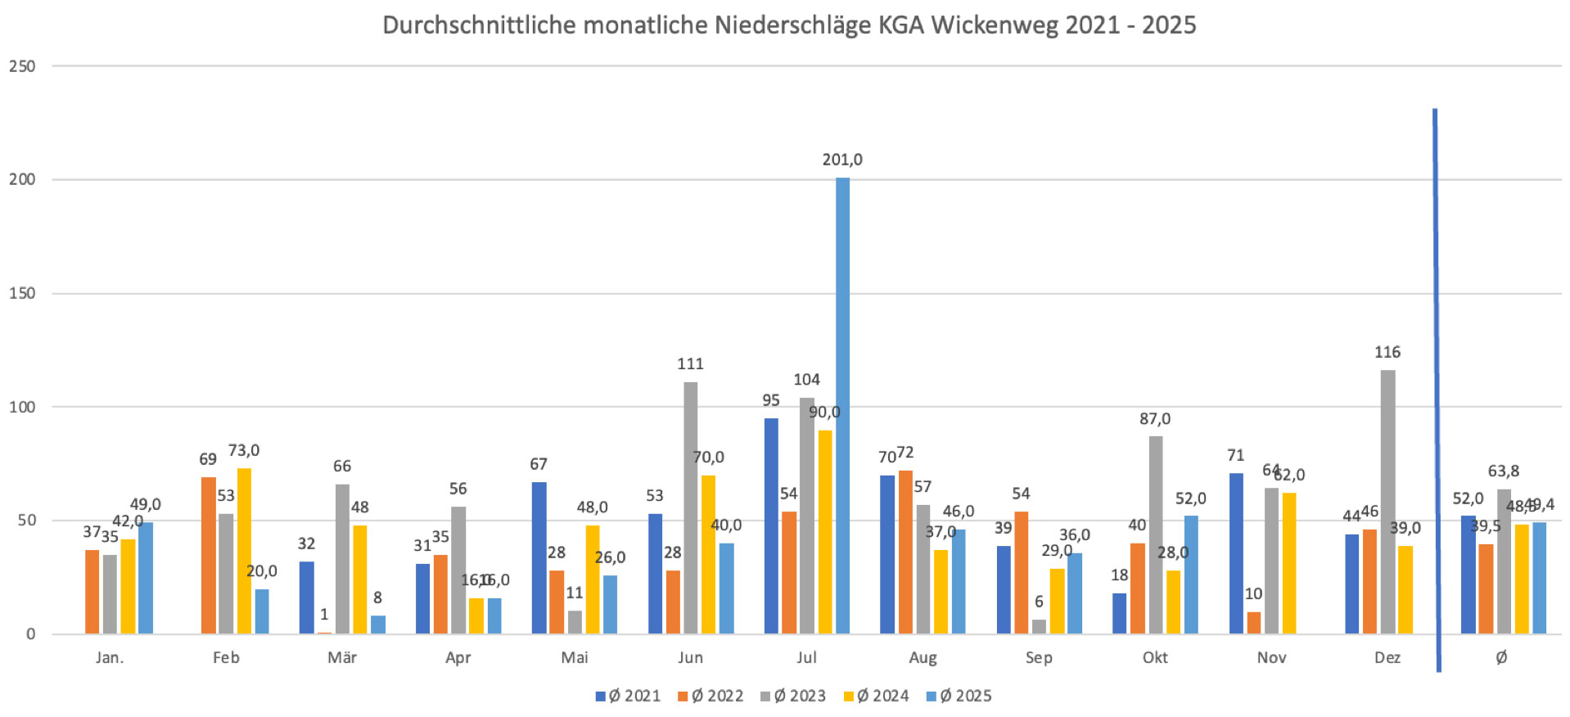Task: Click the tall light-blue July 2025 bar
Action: [842, 405]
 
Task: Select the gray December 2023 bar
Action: [1387, 501]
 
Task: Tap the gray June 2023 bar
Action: [691, 507]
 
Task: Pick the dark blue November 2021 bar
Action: [1236, 553]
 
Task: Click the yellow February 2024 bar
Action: [244, 551]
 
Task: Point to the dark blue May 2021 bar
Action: [539, 557]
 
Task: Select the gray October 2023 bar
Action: [1155, 534]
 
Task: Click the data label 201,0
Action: [842, 160]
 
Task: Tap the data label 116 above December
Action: [1387, 353]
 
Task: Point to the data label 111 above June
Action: [690, 364]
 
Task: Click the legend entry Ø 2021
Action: [628, 697]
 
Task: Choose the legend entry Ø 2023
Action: [793, 697]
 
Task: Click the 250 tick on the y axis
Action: [22, 66]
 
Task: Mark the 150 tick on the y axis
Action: [22, 293]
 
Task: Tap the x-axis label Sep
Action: [1039, 658]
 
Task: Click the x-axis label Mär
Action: [342, 658]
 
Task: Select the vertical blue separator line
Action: [1436, 389]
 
